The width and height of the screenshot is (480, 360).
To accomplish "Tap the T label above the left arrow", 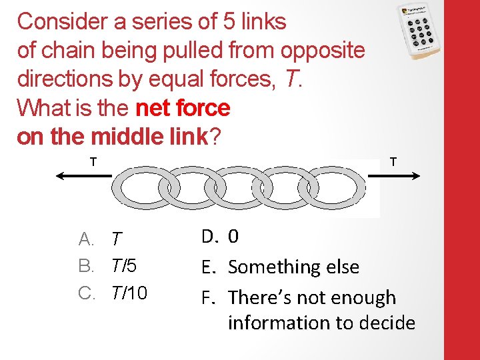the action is [93, 161].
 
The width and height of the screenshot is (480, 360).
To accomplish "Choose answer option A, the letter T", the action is [117, 238].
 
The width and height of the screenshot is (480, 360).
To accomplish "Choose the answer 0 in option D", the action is [233, 236].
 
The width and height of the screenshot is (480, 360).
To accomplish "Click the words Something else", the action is [293, 267].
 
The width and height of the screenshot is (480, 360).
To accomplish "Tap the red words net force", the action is [182, 107].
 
